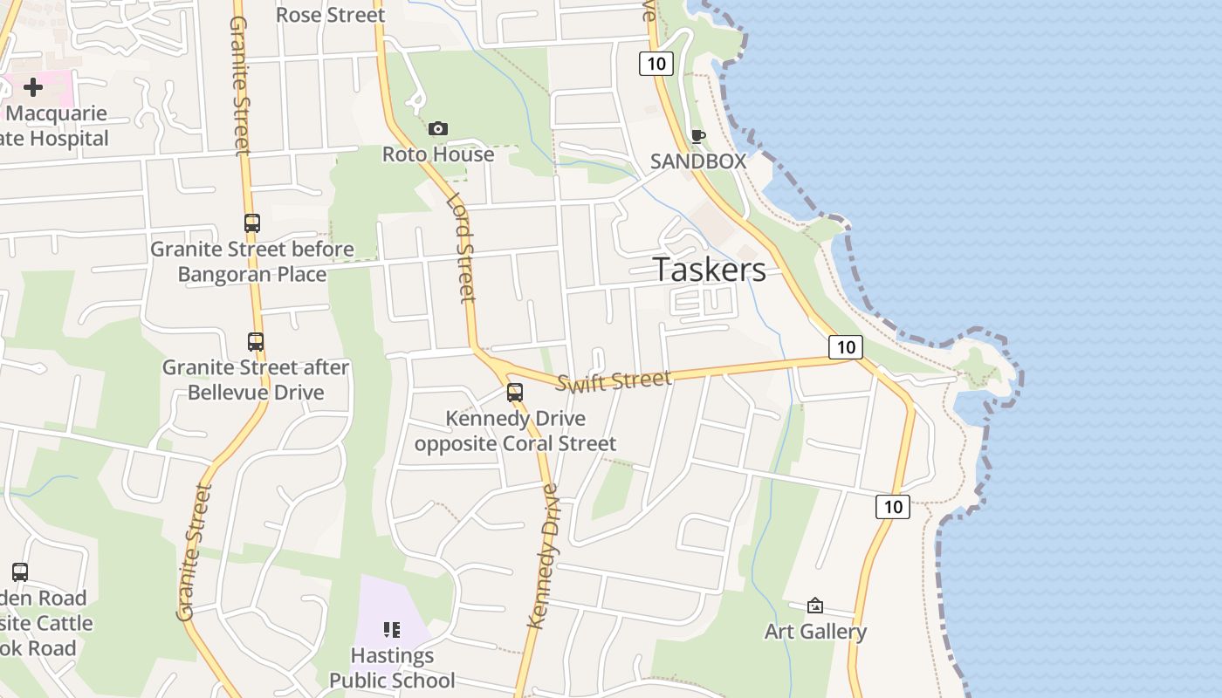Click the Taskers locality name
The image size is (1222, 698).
tap(710, 270)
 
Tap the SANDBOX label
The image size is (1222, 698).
tap(698, 161)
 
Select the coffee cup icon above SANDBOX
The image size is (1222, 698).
tap(697, 136)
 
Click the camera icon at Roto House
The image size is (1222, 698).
tap(438, 129)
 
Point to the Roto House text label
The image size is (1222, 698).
tap(438, 154)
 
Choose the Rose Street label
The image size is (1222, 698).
tap(330, 15)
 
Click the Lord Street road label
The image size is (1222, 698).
tap(461, 248)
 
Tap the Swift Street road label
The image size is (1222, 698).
tap(614, 380)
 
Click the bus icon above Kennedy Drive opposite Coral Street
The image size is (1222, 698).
tap(515, 393)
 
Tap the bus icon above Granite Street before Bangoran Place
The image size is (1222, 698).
tap(252, 223)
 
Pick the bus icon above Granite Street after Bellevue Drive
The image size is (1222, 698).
tap(255, 342)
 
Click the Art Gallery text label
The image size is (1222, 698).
tap(815, 632)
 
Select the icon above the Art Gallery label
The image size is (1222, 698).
tap(815, 606)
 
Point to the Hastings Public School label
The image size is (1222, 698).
tap(392, 667)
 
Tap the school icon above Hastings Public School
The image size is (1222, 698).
tap(391, 629)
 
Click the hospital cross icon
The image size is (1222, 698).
tap(33, 87)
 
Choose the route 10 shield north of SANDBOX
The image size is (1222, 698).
tap(656, 63)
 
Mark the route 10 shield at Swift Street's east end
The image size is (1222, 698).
tap(845, 347)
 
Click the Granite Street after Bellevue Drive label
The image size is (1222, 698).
tap(256, 380)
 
